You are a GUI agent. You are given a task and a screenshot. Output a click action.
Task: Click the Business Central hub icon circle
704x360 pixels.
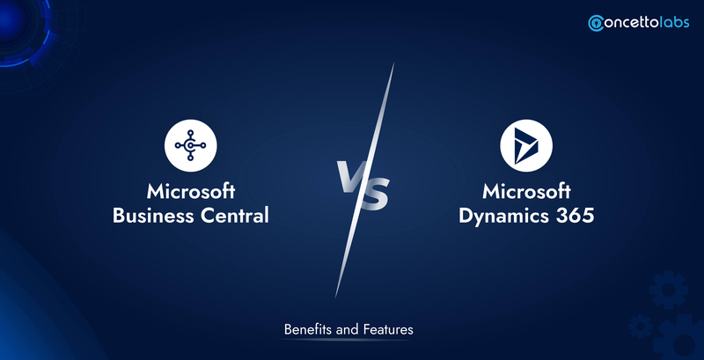190,145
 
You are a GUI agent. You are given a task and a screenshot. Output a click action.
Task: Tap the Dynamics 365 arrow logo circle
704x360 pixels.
526,145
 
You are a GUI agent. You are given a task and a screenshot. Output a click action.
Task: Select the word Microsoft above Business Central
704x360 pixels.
191,192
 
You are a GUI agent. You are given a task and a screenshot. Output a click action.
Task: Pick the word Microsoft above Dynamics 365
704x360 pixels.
526,192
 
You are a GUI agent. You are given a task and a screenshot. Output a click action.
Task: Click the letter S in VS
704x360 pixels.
374,194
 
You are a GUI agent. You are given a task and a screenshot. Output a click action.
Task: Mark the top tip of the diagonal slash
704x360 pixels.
393,63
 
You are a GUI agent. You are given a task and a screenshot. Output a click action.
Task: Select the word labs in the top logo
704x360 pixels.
674,22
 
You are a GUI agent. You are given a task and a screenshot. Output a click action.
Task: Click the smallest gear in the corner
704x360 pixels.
641,327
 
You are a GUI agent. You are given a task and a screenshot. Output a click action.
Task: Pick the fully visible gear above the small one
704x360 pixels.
668,290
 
